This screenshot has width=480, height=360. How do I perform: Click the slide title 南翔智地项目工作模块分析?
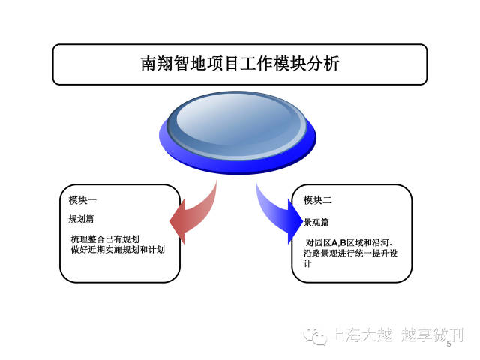tap(240, 63)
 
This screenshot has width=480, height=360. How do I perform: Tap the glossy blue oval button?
tap(238, 132)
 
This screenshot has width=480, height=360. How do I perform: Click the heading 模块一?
tap(82, 200)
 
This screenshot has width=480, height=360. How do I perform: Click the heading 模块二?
tap(317, 200)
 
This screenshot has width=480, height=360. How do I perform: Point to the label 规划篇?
tap(81, 218)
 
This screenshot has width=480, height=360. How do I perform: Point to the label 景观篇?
tap(316, 222)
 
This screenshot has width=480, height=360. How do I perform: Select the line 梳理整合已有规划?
tap(105, 239)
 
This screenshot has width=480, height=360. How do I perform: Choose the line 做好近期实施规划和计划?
tap(118, 250)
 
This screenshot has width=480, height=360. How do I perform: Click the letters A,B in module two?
tap(339, 243)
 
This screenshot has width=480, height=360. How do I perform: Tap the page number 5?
tap(448, 343)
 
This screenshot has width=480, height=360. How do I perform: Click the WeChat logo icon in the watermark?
tap(315, 336)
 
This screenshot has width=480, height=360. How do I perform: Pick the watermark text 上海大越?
tap(361, 334)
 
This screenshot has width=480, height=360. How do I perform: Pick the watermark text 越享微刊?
tap(432, 334)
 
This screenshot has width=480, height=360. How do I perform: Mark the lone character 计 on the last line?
tap(307, 263)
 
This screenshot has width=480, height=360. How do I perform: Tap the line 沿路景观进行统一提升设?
tap(350, 253)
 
